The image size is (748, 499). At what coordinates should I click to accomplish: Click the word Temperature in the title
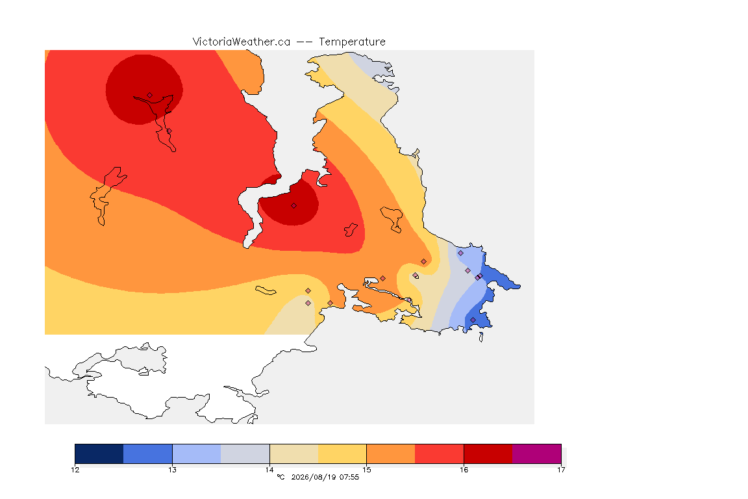[x=352, y=42]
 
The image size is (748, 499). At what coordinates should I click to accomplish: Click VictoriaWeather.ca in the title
[x=242, y=42]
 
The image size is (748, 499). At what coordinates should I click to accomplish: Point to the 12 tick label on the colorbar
[x=75, y=470]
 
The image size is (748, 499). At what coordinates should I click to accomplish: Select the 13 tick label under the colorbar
[x=172, y=470]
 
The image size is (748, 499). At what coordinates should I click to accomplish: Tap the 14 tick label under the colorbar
[x=269, y=470]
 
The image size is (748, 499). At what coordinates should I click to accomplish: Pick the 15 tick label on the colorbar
[x=366, y=470]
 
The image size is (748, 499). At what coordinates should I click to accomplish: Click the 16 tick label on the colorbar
[x=464, y=470]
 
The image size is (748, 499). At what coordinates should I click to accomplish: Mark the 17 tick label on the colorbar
[x=561, y=470]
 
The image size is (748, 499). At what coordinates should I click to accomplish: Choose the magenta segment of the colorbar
[x=537, y=454]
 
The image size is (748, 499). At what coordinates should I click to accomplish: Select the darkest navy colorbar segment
[x=99, y=454]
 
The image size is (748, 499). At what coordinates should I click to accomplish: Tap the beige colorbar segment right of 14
[x=294, y=454]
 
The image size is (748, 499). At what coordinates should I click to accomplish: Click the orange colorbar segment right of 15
[x=391, y=454]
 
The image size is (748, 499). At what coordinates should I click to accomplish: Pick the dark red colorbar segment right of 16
[x=488, y=454]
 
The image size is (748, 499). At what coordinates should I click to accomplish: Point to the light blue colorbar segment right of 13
[x=197, y=454]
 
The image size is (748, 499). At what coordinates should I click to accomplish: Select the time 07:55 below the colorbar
[x=349, y=477]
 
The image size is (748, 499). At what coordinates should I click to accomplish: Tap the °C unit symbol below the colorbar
[x=280, y=477]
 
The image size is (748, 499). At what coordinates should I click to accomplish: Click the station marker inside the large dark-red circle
[x=150, y=96]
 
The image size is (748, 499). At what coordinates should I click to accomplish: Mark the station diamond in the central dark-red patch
[x=294, y=206]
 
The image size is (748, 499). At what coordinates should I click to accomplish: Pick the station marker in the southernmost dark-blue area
[x=473, y=320]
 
